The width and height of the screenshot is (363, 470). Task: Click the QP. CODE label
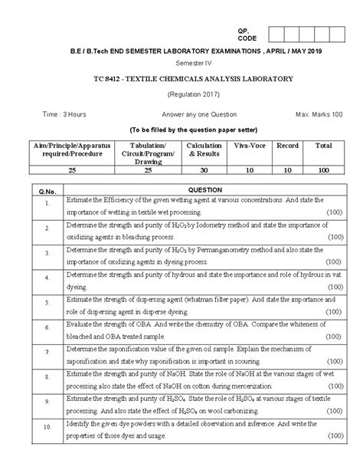(243, 33)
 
